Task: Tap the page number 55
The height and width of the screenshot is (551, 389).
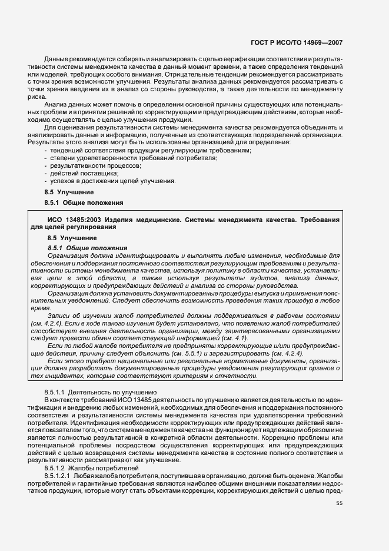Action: pos(339,503)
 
